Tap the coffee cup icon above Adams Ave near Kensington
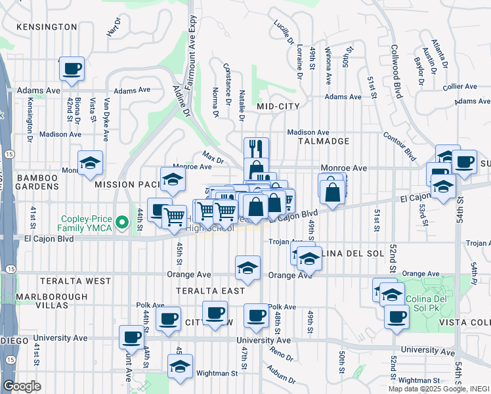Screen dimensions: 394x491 click(x=72, y=68)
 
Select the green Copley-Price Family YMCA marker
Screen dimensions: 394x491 click(x=121, y=223)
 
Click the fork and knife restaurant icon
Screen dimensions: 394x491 click(x=256, y=148)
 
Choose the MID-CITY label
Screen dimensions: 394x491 click(x=278, y=106)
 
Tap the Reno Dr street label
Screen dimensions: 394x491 click(x=282, y=355)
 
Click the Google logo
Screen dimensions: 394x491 click(x=22, y=386)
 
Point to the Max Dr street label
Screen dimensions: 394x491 click(x=213, y=158)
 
